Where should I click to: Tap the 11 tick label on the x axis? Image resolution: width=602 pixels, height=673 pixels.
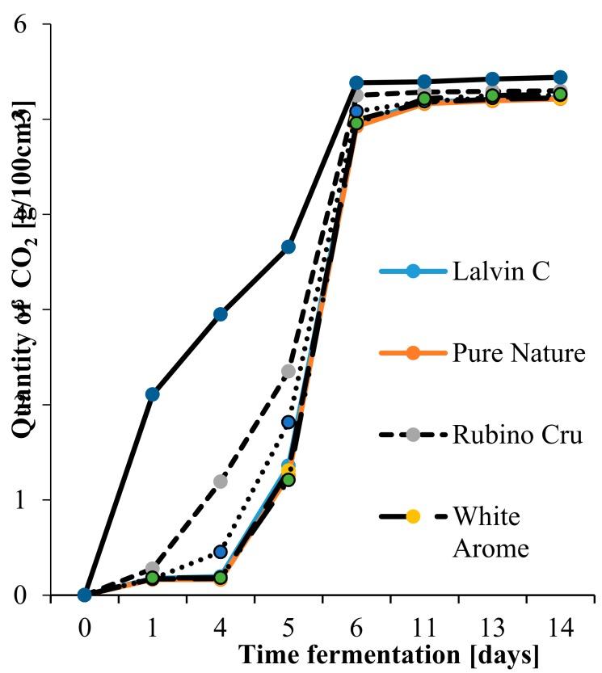pyautogui.click(x=424, y=630)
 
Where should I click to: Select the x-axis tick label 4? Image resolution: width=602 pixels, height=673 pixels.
pyautogui.click(x=221, y=630)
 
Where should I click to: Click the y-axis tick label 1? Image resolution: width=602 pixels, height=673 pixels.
pyautogui.click(x=23, y=500)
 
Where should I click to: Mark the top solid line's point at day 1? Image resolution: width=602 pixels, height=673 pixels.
pyautogui.click(x=152, y=394)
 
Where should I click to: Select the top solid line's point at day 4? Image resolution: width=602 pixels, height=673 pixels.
pyautogui.click(x=220, y=314)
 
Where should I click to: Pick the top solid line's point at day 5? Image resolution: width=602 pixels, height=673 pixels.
pyautogui.click(x=288, y=246)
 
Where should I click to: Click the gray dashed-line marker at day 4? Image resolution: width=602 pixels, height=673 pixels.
pyautogui.click(x=220, y=482)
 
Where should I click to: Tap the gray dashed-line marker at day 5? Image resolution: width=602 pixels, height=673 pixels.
pyautogui.click(x=288, y=371)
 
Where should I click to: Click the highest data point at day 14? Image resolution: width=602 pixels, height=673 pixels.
pyautogui.click(x=559, y=78)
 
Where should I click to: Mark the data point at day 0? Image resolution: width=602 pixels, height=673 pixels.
pyautogui.click(x=85, y=595)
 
